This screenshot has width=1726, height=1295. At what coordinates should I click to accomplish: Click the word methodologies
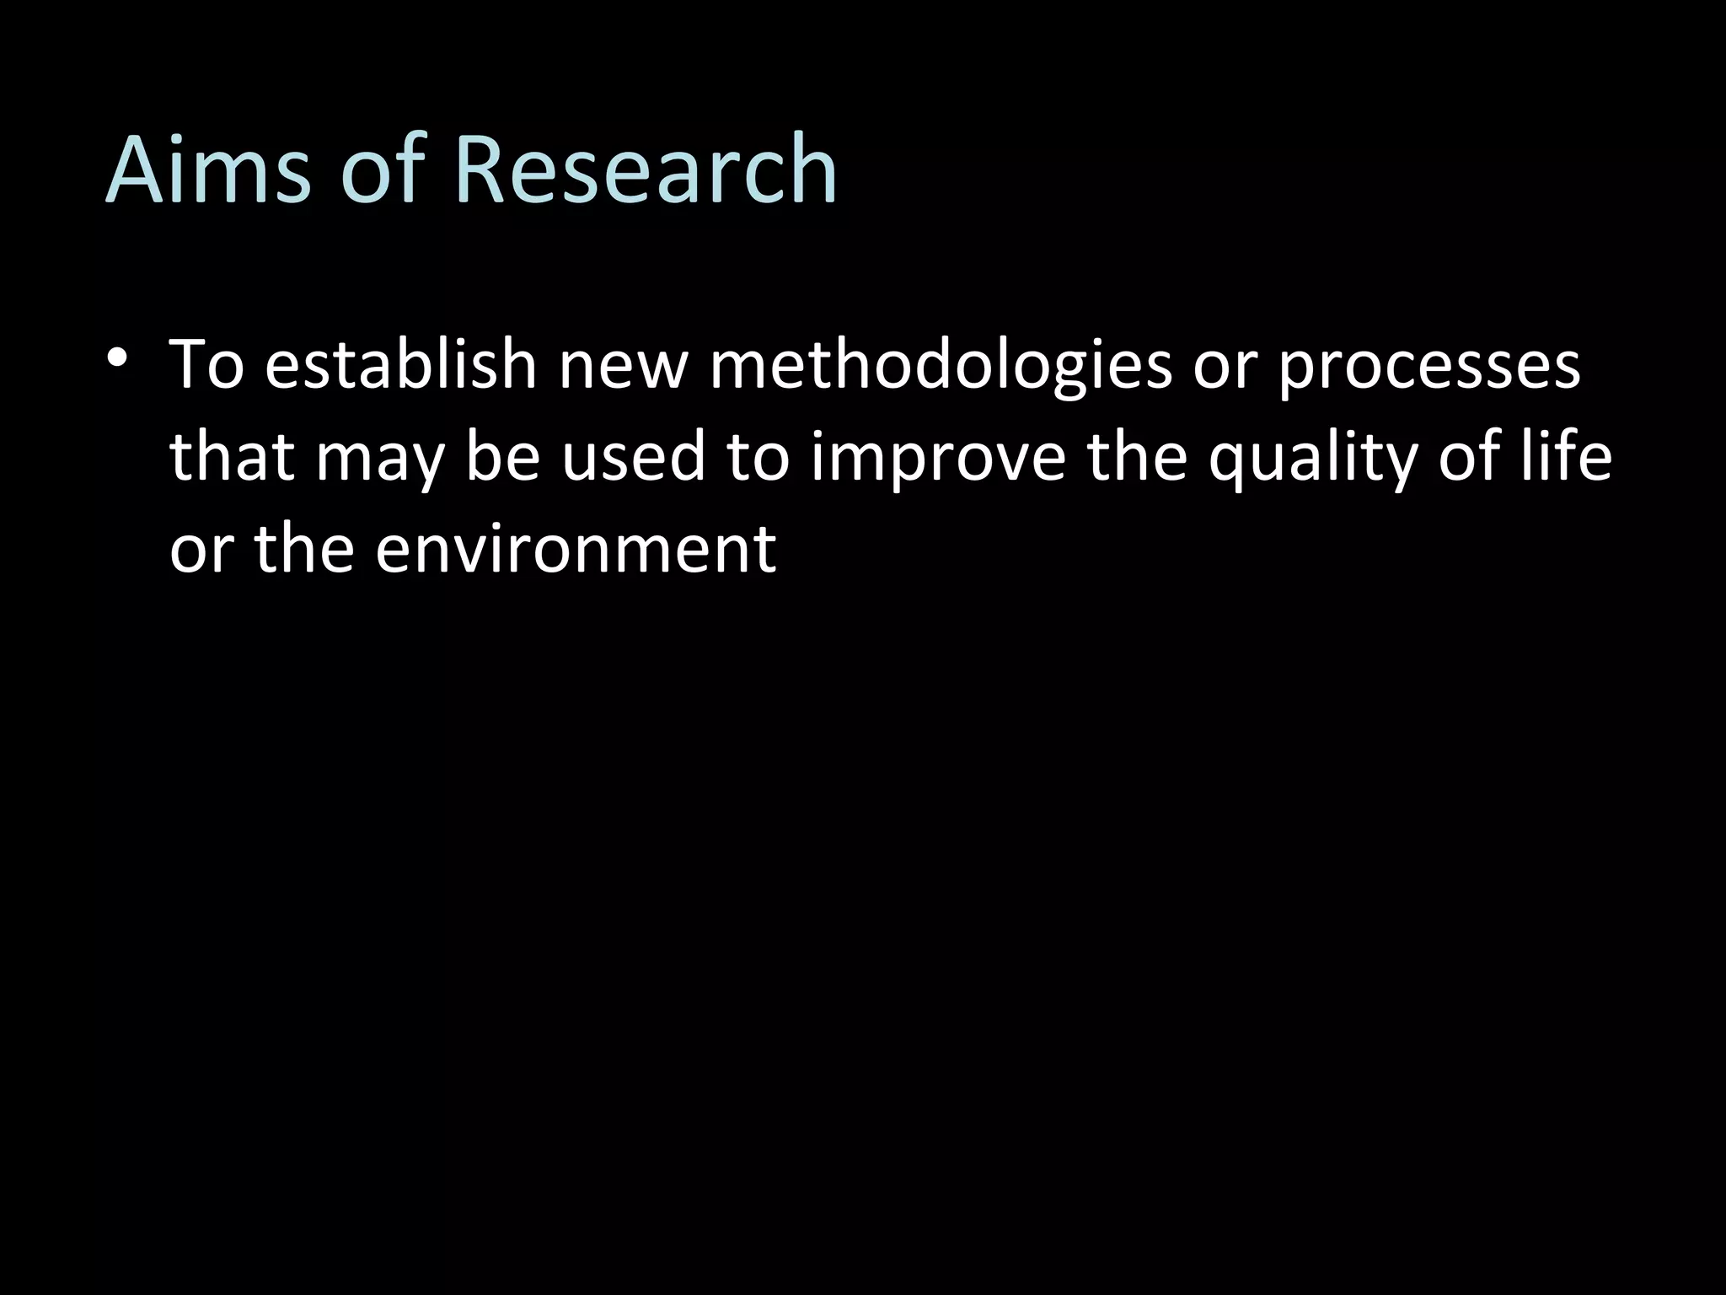pyautogui.click(x=941, y=367)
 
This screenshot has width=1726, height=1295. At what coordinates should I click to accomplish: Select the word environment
pyautogui.click(x=576, y=549)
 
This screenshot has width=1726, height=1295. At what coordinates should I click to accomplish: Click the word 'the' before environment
pyautogui.click(x=304, y=549)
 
